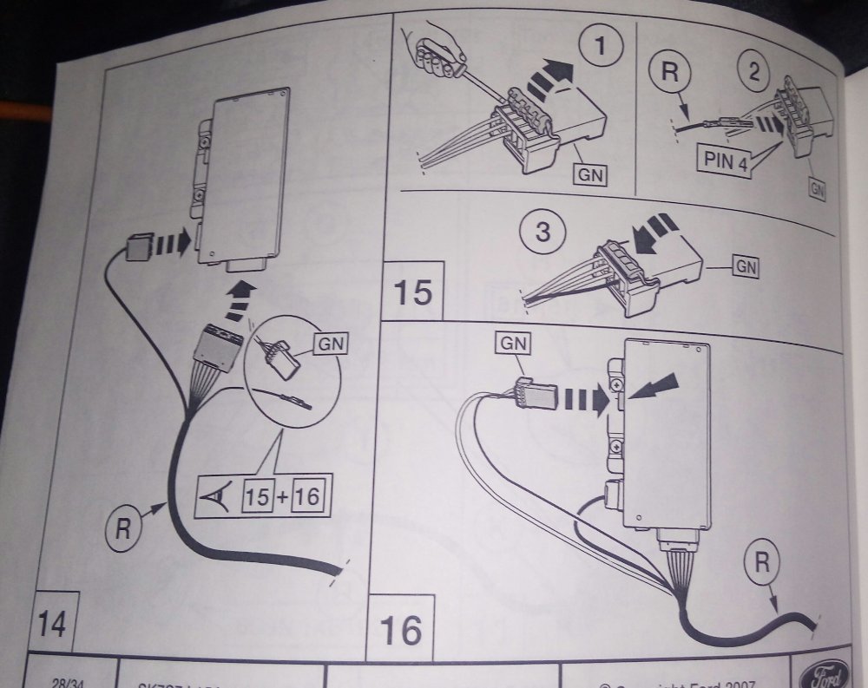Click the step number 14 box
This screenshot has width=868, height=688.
click(53, 623)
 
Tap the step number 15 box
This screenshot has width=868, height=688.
click(412, 291)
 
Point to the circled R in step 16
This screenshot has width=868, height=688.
click(760, 563)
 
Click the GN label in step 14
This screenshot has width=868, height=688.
click(329, 344)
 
